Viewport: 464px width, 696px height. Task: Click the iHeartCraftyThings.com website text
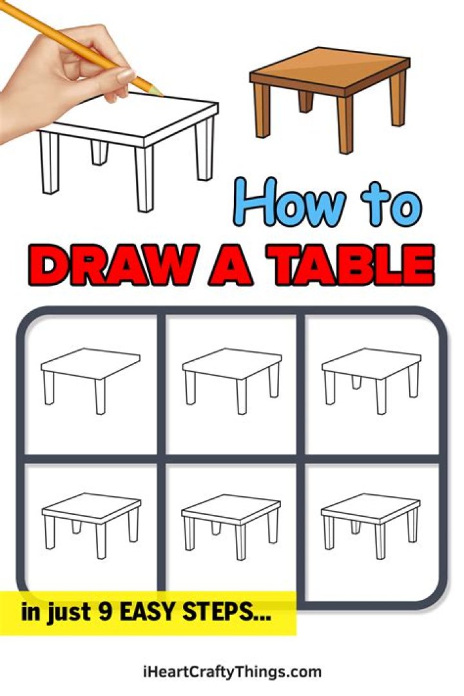(x=231, y=672)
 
